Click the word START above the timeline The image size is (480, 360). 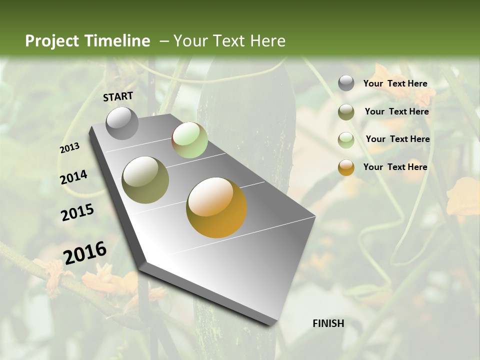coord(118,96)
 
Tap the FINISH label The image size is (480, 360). coord(328,323)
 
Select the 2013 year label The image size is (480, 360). coord(69,148)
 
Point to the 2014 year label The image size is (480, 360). coord(73,177)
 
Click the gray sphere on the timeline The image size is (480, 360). coord(122,123)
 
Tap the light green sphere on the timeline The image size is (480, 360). coord(189,140)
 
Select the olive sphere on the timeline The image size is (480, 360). coord(145,180)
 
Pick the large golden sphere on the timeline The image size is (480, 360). coord(216,207)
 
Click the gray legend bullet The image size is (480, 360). coord(346,83)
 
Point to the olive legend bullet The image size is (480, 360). coord(346,112)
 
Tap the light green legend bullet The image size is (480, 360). coord(346,140)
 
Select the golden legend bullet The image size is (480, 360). coord(346,167)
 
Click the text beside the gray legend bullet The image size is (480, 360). coord(395,83)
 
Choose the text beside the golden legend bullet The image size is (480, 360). coord(395,167)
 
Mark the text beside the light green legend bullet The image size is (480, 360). coord(397,139)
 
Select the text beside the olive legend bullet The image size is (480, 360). coord(396,111)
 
